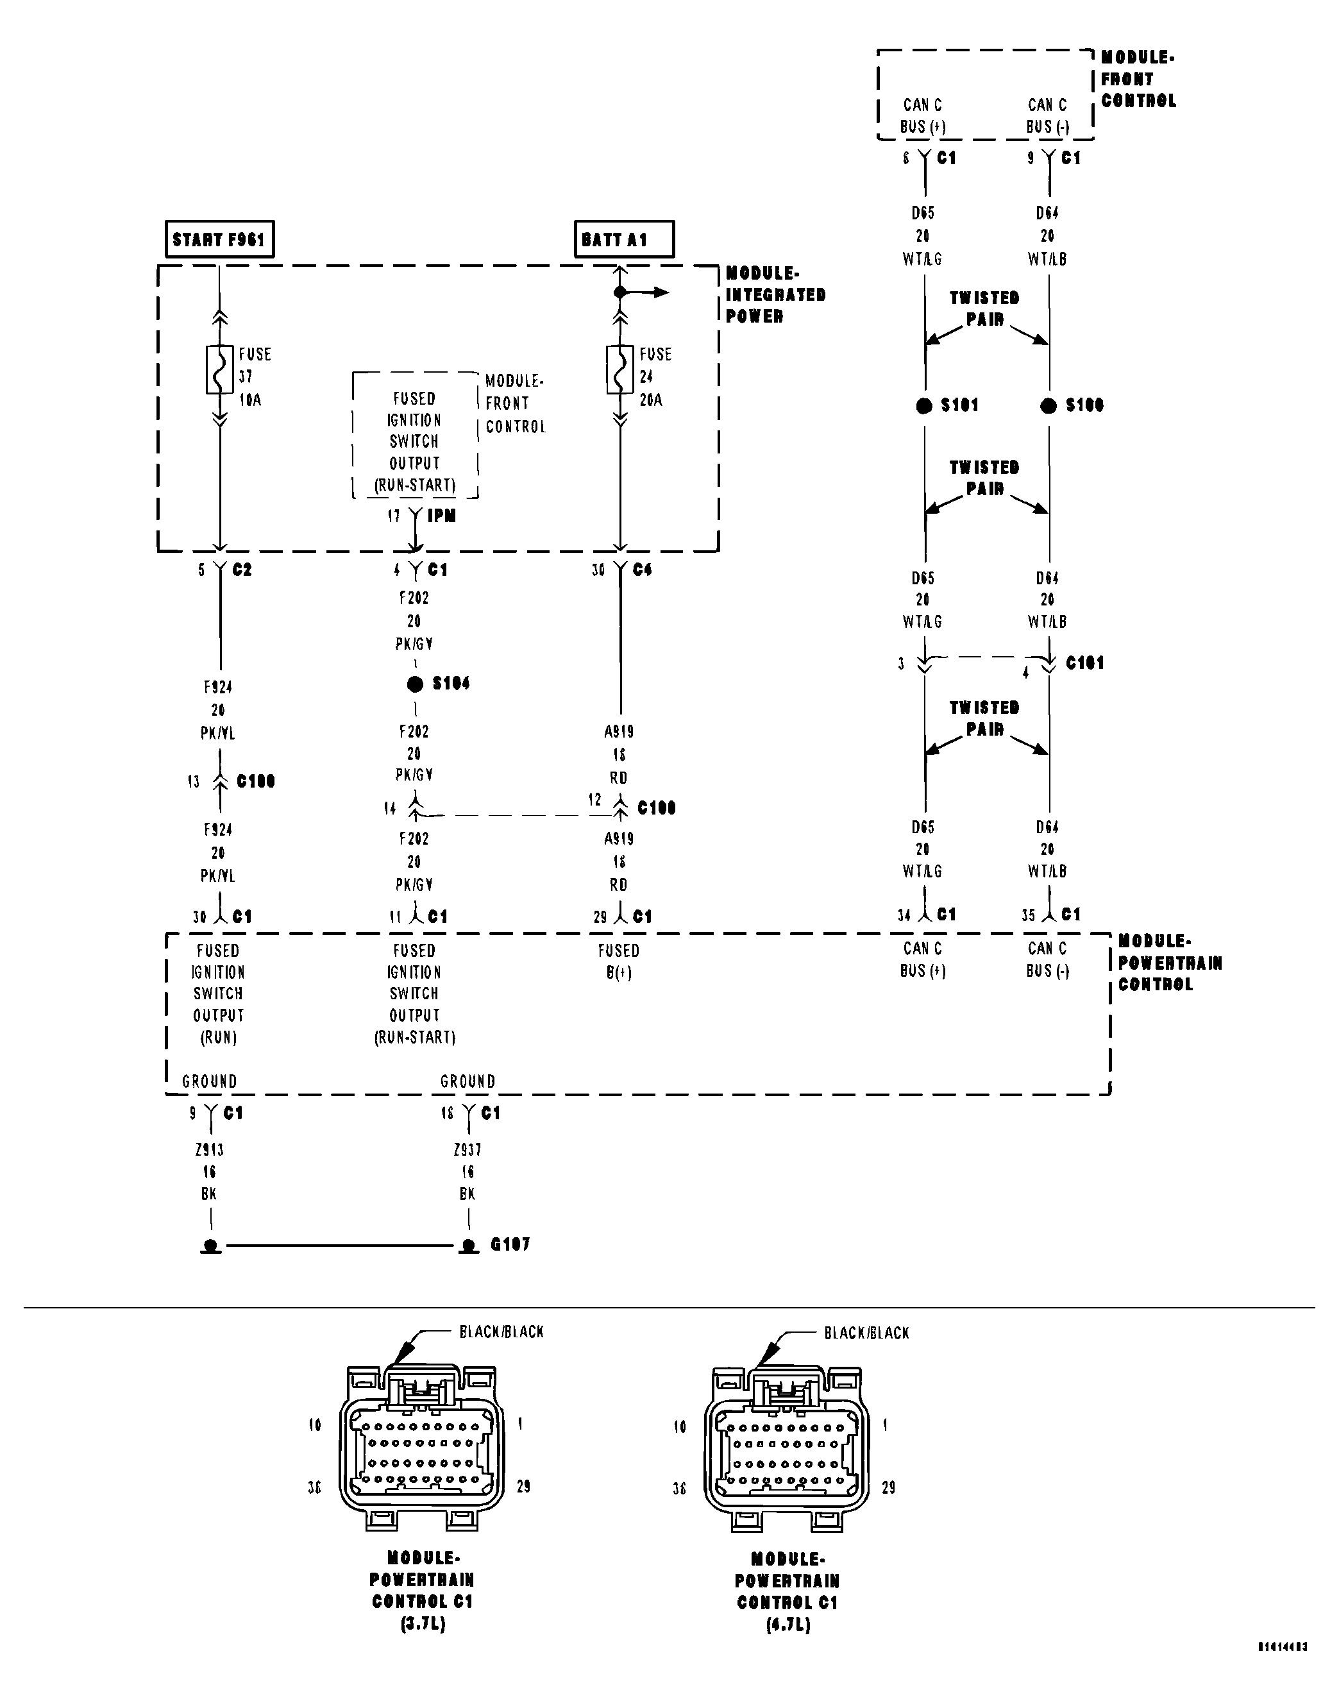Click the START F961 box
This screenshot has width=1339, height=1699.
click(219, 239)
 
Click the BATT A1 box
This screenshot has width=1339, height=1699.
click(623, 239)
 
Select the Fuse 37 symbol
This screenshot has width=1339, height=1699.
click(219, 369)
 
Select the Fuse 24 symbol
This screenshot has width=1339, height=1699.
click(620, 369)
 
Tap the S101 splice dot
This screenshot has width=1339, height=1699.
click(924, 405)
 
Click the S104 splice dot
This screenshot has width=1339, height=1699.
click(415, 684)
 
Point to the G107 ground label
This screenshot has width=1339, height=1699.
click(510, 1244)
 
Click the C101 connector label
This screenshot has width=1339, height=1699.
click(1084, 663)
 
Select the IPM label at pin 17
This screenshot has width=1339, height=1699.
click(441, 516)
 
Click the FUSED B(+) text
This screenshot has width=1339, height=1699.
click(619, 961)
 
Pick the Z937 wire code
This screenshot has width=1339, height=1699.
click(467, 1149)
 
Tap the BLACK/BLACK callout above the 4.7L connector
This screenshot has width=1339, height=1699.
click(866, 1333)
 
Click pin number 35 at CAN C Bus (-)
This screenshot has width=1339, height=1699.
click(1028, 915)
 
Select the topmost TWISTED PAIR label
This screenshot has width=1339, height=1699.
click(984, 308)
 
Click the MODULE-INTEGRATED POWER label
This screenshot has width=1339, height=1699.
click(775, 295)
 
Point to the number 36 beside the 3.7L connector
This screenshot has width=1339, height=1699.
click(314, 1487)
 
